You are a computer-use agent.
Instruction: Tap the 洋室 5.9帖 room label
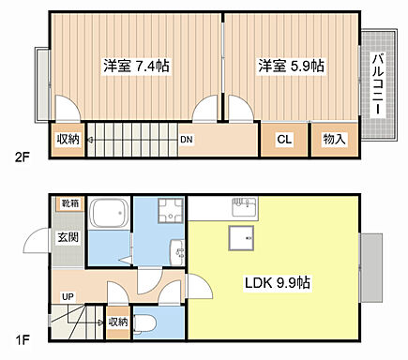pyautogui.click(x=292, y=67)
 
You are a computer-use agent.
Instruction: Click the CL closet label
pyautogui.click(x=283, y=140)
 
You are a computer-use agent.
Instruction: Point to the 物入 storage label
pyautogui.click(x=334, y=140)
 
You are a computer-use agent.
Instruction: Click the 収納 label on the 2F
pyautogui.click(x=68, y=140)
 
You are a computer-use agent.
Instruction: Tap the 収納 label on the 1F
pyautogui.click(x=117, y=322)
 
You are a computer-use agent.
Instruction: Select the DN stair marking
pyautogui.click(x=187, y=140)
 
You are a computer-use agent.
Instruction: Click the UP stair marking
pyautogui.click(x=67, y=297)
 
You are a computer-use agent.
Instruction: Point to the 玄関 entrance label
pyautogui.click(x=67, y=237)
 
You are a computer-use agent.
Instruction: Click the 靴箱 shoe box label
pyautogui.click(x=70, y=203)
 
